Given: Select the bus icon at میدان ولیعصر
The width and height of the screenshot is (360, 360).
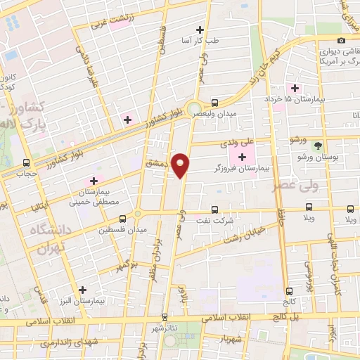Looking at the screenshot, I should pos(214,102).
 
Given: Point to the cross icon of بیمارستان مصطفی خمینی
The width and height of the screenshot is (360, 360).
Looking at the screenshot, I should pos(93,181).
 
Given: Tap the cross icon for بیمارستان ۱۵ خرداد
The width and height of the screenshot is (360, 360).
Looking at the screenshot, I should pos(296,89).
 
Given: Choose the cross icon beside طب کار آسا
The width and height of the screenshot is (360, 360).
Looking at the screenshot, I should pos(200,30).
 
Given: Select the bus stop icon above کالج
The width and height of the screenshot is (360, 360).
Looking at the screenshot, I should pos(289,290).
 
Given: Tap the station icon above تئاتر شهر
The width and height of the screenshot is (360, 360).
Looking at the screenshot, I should pos(165,317).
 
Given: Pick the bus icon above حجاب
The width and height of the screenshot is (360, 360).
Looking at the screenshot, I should pos(27,162).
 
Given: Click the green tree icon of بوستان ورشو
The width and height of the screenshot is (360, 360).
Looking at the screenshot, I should pos(318,146).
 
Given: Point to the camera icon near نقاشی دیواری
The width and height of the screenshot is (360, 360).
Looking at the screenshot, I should pos(341,40).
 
